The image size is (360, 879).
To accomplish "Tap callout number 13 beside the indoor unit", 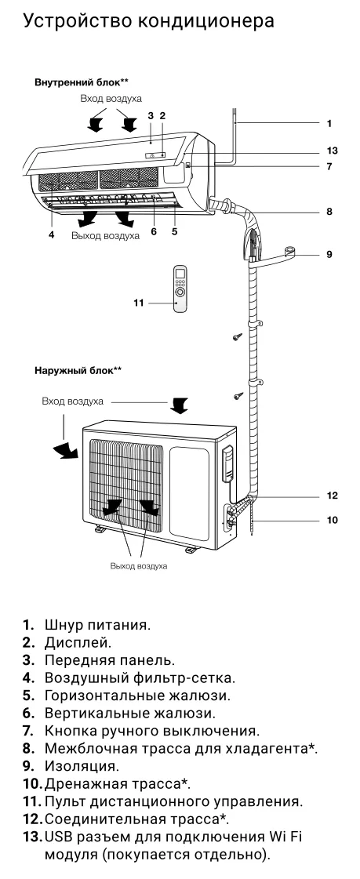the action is point(332,151).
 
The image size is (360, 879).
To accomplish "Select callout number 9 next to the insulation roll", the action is point(329,254).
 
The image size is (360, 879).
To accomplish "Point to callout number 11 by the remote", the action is point(139,303).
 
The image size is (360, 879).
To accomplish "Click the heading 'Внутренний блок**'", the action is point(82,82).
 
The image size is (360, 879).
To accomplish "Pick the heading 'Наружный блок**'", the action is point(78,371).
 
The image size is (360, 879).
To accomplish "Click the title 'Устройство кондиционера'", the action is point(149,21).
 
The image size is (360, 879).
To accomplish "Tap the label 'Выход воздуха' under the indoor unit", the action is point(105,235).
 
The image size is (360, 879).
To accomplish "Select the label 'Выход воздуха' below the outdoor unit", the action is point(139,566).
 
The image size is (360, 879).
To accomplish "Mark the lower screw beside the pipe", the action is point(237,396).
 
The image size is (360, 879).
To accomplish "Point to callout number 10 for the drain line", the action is point(332,520).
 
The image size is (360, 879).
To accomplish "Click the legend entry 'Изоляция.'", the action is point(71,765).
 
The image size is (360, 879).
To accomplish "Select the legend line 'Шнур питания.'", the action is point(87,625).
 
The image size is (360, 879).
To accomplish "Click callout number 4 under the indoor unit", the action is point(51,235).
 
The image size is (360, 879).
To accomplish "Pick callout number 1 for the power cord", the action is point(329,124).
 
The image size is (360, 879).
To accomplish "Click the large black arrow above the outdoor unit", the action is point(180,405).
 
